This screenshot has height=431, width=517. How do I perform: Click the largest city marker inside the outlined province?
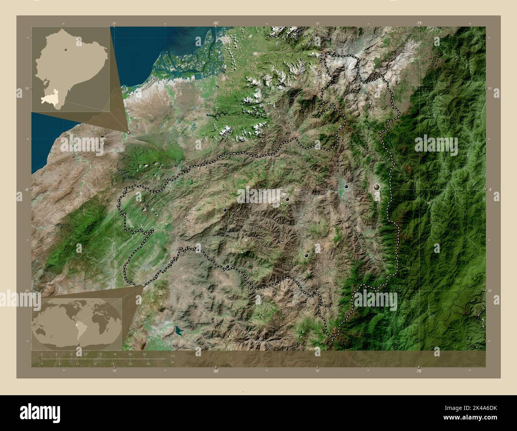point(377,186)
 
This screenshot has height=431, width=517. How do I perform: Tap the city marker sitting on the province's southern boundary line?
point(227,266)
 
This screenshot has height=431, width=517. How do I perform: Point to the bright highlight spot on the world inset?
point(78,326)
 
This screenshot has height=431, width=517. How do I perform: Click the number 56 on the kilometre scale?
point(144,354)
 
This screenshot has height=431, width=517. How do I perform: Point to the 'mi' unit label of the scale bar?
point(172,362)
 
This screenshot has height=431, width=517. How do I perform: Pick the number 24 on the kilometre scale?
point(86,354)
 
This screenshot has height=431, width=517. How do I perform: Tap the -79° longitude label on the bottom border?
point(419,371)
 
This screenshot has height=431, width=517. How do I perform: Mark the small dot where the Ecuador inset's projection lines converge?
point(129,132)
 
